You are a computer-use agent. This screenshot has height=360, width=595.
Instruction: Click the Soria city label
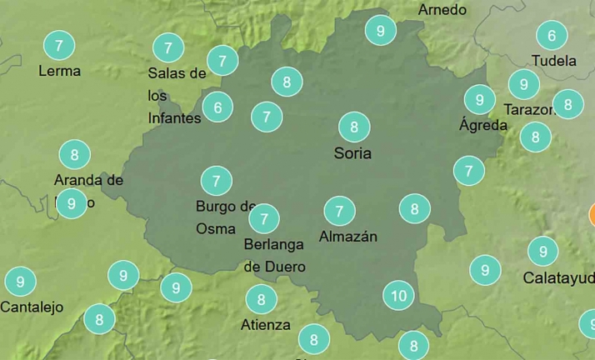tap(352, 153)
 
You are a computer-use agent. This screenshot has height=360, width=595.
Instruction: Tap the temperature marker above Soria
tap(354, 127)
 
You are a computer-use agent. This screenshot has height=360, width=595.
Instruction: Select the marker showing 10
tap(398, 295)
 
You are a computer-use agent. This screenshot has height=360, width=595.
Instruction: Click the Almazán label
tap(348, 237)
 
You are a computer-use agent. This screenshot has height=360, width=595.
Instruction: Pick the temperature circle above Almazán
tap(339, 210)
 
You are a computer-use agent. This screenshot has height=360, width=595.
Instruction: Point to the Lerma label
tap(60, 71)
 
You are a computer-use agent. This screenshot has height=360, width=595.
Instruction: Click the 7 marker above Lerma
tap(57, 44)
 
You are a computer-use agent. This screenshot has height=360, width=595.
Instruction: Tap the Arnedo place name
tap(442, 10)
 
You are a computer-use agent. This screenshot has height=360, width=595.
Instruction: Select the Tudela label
tap(554, 61)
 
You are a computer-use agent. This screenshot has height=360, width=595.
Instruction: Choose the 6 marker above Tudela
tap(552, 36)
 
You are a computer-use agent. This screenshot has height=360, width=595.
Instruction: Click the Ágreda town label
tap(483, 126)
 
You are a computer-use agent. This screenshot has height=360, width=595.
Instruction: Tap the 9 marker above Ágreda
tap(479, 100)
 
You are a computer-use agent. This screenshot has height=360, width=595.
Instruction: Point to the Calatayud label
tap(559, 277)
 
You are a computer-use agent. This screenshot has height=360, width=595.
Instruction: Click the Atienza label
tap(266, 324)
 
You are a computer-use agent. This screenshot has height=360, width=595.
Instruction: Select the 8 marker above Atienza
tap(262, 298)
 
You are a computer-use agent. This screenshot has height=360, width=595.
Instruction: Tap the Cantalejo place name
tap(32, 307)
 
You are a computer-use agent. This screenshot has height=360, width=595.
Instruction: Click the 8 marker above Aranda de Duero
tap(75, 154)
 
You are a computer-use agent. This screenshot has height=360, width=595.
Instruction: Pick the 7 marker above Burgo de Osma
tap(217, 180)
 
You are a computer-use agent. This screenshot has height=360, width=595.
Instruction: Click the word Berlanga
tap(274, 244)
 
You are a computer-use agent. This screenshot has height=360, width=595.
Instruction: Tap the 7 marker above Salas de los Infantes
tap(168, 47)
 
